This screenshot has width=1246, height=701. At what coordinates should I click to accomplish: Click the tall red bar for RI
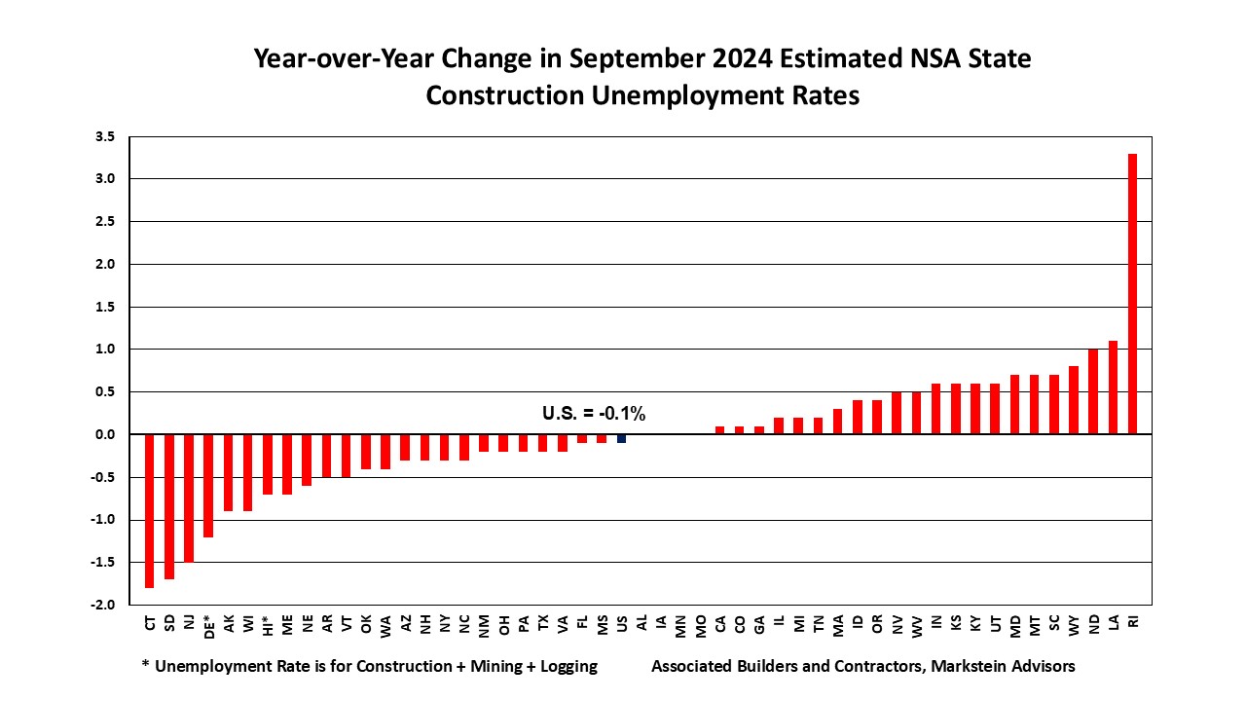(1132, 294)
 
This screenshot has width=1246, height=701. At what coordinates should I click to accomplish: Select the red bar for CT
(149, 511)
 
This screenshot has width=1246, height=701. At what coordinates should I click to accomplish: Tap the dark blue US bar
(621, 438)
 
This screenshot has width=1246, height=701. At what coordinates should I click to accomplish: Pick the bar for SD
(169, 507)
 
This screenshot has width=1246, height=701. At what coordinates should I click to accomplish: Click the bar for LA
(1113, 387)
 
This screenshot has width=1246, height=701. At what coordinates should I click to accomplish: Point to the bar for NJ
(189, 498)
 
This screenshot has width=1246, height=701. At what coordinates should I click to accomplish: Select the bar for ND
(1093, 391)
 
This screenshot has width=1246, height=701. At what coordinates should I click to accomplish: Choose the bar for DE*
(208, 486)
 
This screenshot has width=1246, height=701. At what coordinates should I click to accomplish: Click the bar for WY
(1074, 400)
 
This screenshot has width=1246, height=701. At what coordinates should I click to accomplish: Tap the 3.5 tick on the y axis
(105, 136)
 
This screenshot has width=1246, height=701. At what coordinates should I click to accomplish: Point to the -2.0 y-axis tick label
(103, 605)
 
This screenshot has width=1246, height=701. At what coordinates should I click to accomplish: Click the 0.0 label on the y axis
(105, 434)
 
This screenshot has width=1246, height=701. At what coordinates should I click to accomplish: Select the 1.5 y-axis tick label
(105, 307)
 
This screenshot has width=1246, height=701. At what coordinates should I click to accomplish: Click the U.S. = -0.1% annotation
(594, 414)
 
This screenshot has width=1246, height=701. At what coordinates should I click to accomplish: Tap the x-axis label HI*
(268, 625)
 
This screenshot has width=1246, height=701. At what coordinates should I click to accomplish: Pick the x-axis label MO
(700, 626)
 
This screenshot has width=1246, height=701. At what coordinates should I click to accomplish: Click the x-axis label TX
(543, 622)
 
